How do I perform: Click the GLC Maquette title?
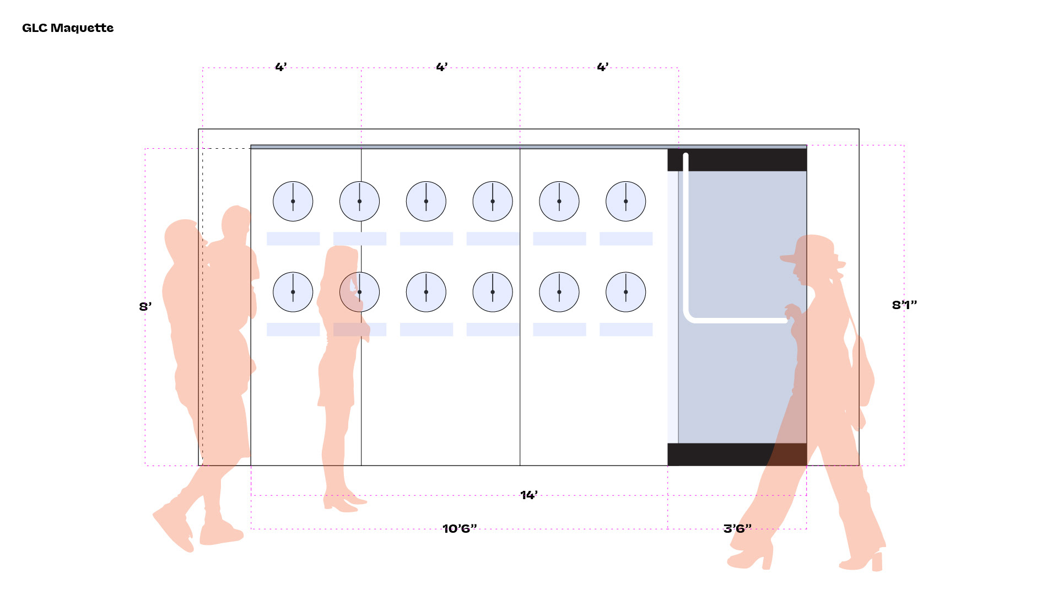pyautogui.click(x=68, y=28)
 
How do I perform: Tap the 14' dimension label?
pyautogui.click(x=529, y=495)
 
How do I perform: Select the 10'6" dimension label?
pyautogui.click(x=460, y=529)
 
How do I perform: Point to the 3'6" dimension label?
pyautogui.click(x=737, y=529)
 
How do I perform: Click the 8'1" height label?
pyautogui.click(x=904, y=305)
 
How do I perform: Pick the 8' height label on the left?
pyautogui.click(x=145, y=307)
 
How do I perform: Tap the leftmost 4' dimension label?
pyautogui.click(x=281, y=67)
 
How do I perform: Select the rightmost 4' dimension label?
pyautogui.click(x=603, y=67)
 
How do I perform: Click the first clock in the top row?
pyautogui.click(x=293, y=202)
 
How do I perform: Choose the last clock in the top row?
pyautogui.click(x=625, y=202)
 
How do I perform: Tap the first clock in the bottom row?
pyautogui.click(x=293, y=292)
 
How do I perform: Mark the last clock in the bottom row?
pyautogui.click(x=625, y=292)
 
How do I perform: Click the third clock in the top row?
pyautogui.click(x=426, y=202)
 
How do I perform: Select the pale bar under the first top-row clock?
pyautogui.click(x=293, y=239)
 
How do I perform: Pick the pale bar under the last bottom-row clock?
pyautogui.click(x=626, y=329)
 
